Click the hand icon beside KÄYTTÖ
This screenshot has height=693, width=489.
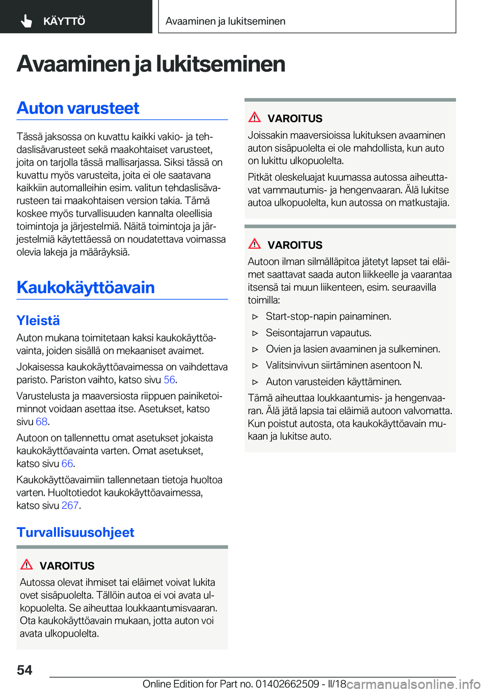[x=26, y=21]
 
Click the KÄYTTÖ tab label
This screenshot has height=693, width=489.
[x=64, y=21]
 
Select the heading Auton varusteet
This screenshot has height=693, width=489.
[x=78, y=108]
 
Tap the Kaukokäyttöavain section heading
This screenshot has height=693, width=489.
[x=86, y=287]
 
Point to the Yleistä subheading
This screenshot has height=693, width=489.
[x=38, y=321]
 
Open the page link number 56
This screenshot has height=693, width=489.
[x=169, y=380]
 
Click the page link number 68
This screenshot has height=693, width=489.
[x=41, y=422]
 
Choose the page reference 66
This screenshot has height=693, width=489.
[x=67, y=464]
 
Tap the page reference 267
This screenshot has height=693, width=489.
[x=70, y=505]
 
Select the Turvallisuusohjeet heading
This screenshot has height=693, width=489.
[x=75, y=532]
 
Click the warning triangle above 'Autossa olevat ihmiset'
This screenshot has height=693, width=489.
[x=26, y=564]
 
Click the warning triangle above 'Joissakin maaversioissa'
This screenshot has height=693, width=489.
[x=255, y=117]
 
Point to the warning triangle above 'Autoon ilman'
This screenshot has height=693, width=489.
[x=255, y=244]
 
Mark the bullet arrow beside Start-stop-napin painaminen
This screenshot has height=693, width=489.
[x=256, y=317]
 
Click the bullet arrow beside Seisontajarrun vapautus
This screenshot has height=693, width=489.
[x=256, y=333]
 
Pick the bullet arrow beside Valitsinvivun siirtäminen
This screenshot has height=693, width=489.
[x=256, y=366]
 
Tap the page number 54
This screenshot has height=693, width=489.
[x=24, y=670]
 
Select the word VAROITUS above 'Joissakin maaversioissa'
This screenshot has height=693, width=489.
[x=295, y=119]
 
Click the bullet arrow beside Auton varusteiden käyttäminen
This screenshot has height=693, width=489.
[x=256, y=382]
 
